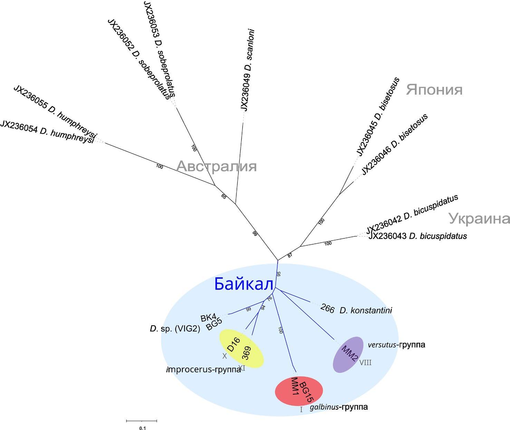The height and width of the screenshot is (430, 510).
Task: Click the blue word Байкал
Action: (x=244, y=284)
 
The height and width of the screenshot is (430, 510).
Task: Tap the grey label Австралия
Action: (x=216, y=166)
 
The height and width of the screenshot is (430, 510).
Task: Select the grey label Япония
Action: (x=434, y=90)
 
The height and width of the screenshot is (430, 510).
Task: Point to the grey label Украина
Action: (x=479, y=219)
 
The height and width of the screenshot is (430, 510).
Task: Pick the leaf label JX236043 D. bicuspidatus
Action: (x=417, y=237)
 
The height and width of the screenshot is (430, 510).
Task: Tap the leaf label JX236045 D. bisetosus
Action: (x=378, y=117)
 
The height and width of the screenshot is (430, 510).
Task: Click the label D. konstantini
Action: (x=366, y=310)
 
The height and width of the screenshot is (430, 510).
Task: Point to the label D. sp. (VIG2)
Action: (x=175, y=329)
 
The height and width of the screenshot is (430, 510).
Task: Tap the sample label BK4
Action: (x=208, y=317)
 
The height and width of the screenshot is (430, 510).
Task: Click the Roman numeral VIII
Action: (x=365, y=363)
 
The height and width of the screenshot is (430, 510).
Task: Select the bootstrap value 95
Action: (x=279, y=274)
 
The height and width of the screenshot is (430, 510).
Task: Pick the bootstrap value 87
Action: (x=290, y=255)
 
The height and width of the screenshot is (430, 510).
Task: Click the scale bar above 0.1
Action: (x=142, y=421)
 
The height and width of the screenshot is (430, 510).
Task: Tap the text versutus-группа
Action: (x=396, y=345)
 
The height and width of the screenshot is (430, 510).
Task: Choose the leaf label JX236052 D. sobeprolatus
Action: (x=139, y=59)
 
